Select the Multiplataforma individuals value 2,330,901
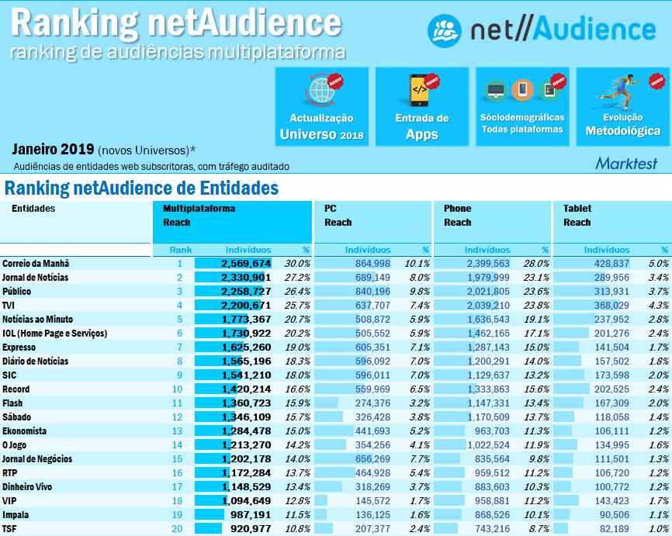tap(245, 278)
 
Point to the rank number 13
tap(178, 431)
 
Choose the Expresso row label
tap(20, 348)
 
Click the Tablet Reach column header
tap(577, 216)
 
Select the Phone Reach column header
tap(457, 216)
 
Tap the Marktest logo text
tap(625, 164)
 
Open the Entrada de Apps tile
tap(421, 106)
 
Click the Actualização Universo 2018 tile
tap(321, 106)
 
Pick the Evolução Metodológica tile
tap(622, 106)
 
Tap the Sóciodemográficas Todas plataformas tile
tap(522, 106)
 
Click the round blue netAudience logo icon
tap(445, 30)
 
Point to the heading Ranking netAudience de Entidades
tap(141, 188)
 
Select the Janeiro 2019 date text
tap(53, 149)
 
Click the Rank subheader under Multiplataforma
tap(181, 250)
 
